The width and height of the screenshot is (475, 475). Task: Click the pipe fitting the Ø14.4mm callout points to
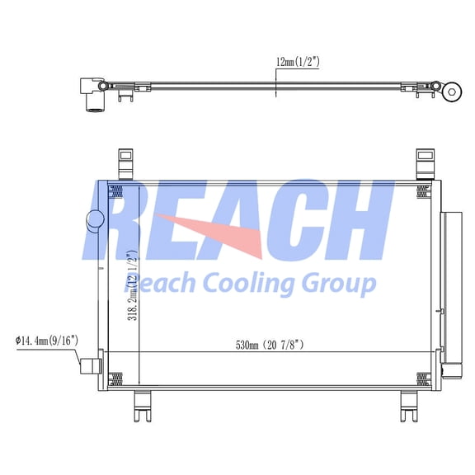pos(89,363)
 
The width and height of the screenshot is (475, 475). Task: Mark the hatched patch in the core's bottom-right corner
pos(424,379)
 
